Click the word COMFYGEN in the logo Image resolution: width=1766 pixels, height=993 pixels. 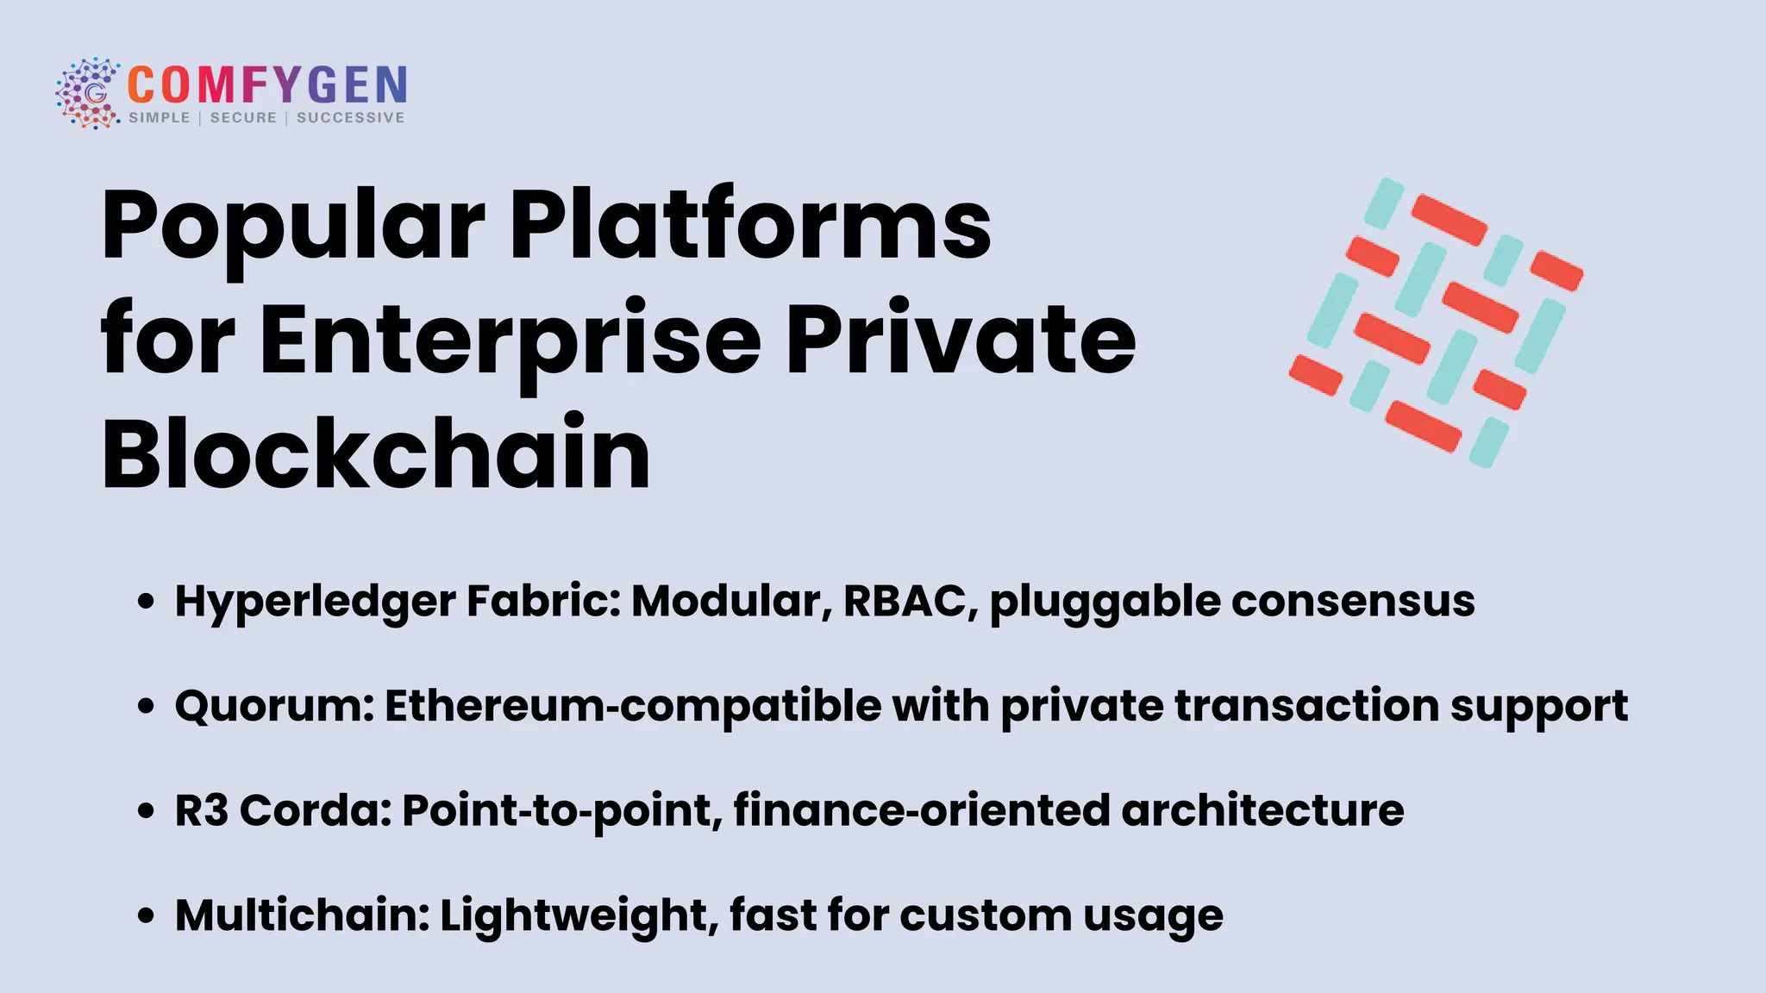click(x=267, y=85)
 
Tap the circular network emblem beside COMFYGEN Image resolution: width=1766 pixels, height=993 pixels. click(x=88, y=93)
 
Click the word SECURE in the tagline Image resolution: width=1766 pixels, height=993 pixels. click(x=243, y=118)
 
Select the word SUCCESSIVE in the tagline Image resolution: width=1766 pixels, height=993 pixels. click(x=350, y=118)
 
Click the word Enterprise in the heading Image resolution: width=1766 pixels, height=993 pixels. click(x=510, y=340)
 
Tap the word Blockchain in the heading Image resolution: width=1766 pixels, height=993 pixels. click(x=376, y=454)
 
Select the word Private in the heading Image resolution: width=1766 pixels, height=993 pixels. click(x=961, y=340)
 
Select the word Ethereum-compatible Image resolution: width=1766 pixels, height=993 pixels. click(x=633, y=706)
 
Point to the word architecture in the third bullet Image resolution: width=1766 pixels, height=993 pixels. click(x=1262, y=811)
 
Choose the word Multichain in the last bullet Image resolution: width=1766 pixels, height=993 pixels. click(x=302, y=915)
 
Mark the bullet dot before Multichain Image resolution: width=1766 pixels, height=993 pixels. click(x=147, y=916)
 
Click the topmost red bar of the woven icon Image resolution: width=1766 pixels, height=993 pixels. click(x=1449, y=219)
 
